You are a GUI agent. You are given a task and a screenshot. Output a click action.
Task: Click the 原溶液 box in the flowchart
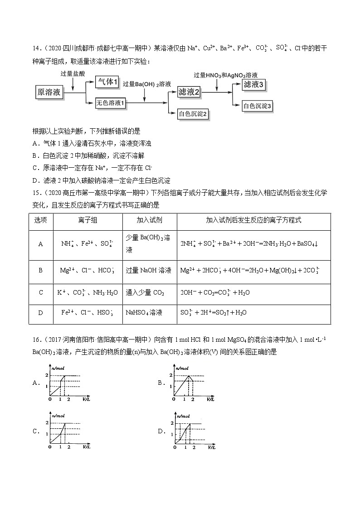[x=49, y=92]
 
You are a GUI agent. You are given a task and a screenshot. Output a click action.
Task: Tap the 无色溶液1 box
[x=111, y=103]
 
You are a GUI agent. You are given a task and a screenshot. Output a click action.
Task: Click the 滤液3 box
[x=253, y=84]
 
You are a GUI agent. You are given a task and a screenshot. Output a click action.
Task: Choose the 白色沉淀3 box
[x=257, y=106]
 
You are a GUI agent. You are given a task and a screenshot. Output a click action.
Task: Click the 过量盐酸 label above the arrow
[x=73, y=73]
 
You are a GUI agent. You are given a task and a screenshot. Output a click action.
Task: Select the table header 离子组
[x=88, y=220]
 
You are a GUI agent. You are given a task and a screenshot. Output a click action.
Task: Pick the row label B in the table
[x=41, y=270]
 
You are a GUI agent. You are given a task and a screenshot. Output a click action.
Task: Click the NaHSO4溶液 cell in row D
[x=144, y=313]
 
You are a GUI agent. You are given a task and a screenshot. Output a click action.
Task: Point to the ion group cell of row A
[x=88, y=244]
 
